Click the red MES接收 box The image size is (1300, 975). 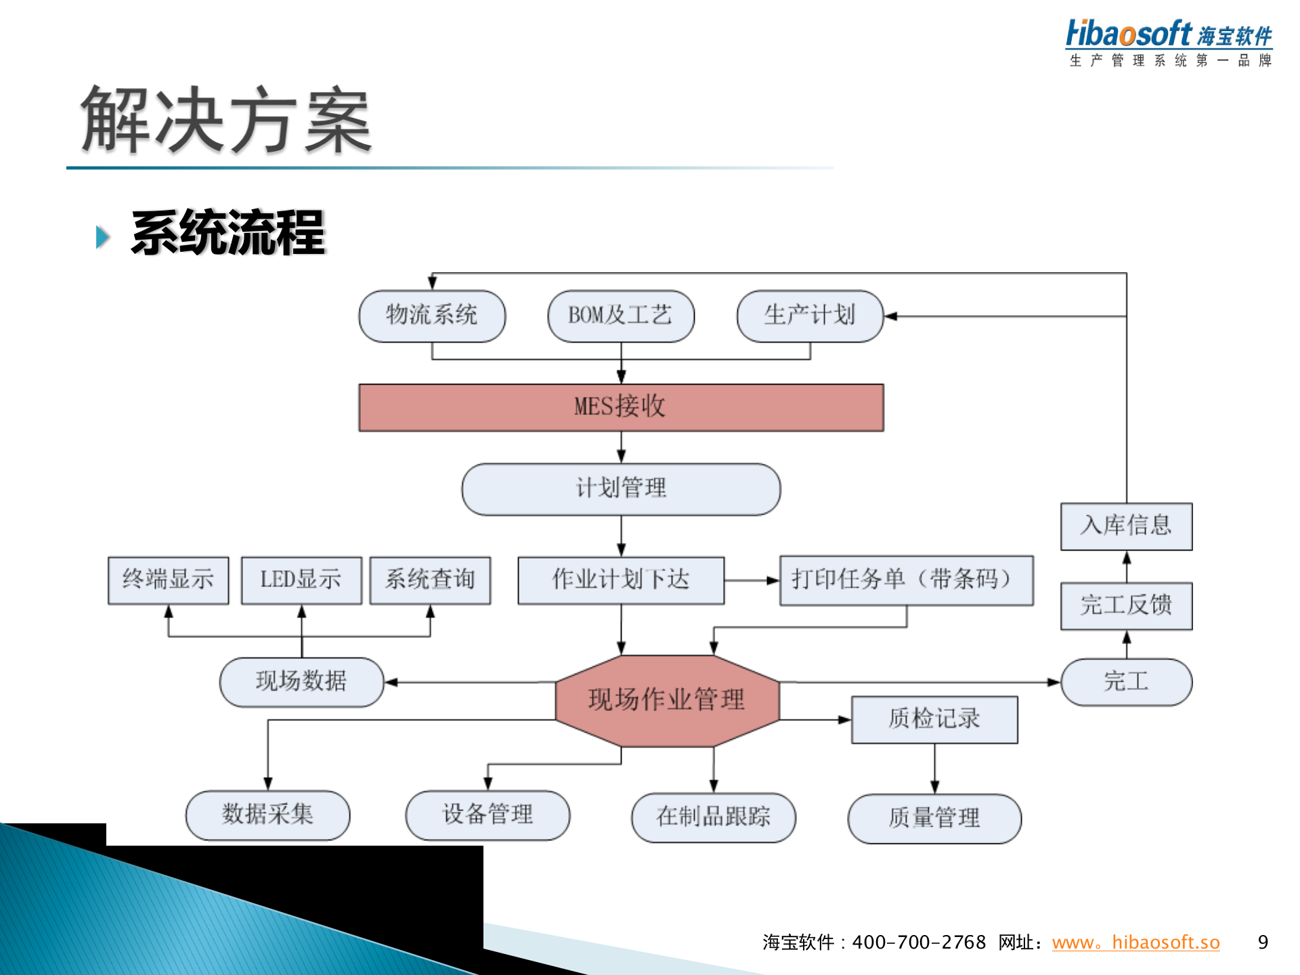(621, 407)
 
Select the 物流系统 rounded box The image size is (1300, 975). (432, 316)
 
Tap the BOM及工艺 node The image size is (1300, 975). (621, 316)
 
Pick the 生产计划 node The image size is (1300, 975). (810, 316)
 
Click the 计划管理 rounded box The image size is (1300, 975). (621, 488)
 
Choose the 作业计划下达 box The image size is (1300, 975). (621, 580)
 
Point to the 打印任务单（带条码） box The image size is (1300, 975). (906, 580)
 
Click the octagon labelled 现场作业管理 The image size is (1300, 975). (667, 700)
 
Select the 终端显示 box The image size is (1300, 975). (168, 580)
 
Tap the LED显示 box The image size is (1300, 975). (301, 580)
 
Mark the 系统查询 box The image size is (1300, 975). (430, 580)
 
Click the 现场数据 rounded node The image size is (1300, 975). (301, 681)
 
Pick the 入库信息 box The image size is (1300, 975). (1126, 526)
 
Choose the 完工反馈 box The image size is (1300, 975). (1126, 605)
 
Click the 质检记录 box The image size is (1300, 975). (934, 719)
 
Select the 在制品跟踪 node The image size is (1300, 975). (713, 817)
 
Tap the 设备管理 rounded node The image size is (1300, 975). (487, 815)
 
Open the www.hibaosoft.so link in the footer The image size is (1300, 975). (1135, 942)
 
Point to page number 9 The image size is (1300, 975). (1263, 942)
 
